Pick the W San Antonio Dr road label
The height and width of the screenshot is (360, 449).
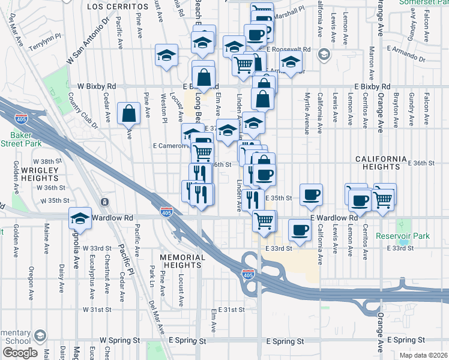click(x=89, y=41)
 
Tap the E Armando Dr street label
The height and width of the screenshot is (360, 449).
click(x=406, y=59)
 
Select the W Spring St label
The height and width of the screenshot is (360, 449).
click(x=118, y=340)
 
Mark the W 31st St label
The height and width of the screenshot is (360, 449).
click(x=98, y=310)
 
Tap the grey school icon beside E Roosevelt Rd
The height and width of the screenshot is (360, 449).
click(x=324, y=55)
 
